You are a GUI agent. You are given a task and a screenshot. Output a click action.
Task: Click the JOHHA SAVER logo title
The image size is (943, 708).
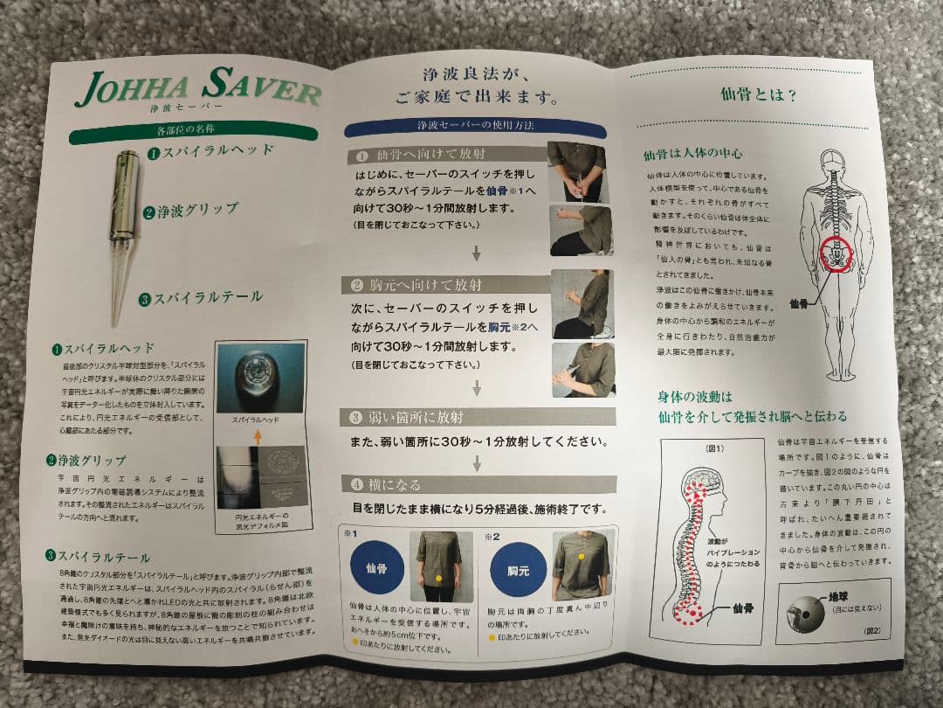coord(198,87)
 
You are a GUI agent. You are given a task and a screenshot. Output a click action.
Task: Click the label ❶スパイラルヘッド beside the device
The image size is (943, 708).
coord(210,151)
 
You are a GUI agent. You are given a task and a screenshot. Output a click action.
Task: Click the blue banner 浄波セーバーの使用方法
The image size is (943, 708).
coord(475,128)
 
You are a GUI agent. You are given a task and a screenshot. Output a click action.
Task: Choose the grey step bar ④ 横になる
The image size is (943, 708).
coord(478,483)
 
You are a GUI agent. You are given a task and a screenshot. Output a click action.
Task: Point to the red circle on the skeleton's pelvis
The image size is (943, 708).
coord(836,253)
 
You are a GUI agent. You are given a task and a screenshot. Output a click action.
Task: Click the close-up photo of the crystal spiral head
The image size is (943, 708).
coord(259,378)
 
